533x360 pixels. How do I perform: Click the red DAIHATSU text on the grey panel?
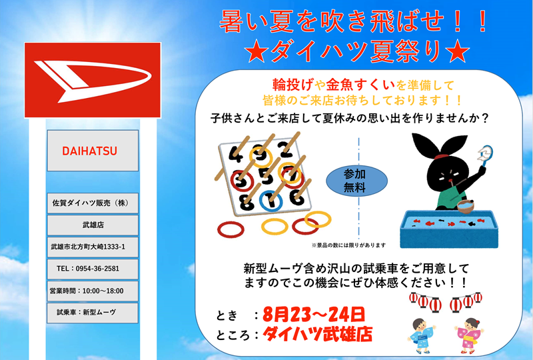[89, 151]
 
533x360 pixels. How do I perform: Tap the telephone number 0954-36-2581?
[97, 269]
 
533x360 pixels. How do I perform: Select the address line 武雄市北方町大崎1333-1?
[88, 247]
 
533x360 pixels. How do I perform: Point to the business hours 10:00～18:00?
[103, 291]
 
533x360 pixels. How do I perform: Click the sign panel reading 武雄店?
[93, 225]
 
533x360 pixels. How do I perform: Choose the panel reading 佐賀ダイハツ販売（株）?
[93, 203]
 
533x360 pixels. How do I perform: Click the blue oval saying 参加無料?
[356, 181]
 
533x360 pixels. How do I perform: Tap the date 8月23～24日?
[313, 314]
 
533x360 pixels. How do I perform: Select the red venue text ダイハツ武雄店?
[318, 334]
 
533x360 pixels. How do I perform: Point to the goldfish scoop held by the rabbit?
[485, 155]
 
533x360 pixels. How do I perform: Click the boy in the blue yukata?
[422, 335]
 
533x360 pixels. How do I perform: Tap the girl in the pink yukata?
[470, 335]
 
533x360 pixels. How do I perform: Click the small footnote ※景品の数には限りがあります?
[348, 245]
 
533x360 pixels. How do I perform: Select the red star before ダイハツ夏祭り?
[257, 52]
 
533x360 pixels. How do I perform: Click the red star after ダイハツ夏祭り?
[458, 52]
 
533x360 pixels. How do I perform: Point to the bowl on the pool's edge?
[466, 205]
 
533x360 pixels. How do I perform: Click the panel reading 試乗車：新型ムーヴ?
[93, 313]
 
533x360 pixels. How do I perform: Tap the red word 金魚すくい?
[360, 85]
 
